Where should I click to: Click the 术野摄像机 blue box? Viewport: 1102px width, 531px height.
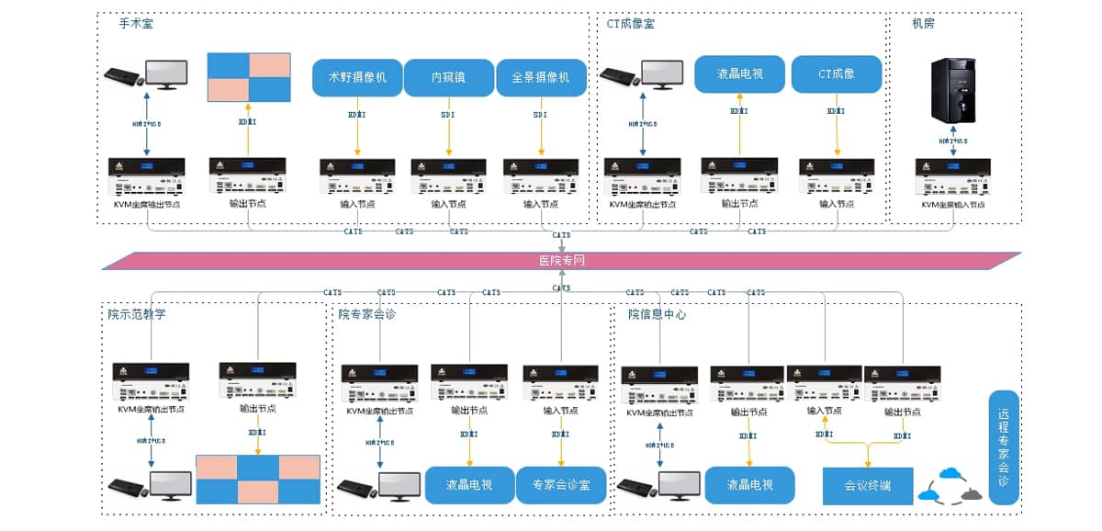click(x=357, y=77)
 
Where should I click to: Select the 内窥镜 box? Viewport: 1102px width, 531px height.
click(x=449, y=77)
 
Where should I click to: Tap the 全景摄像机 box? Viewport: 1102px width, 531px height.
click(x=541, y=77)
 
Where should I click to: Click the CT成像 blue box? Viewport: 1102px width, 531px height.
click(x=837, y=73)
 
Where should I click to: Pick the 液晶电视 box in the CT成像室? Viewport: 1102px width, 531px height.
click(x=739, y=73)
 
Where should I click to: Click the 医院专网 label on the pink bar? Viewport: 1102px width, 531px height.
click(x=561, y=261)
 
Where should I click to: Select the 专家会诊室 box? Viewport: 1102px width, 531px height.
click(x=562, y=484)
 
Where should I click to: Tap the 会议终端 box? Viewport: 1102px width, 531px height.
click(x=868, y=484)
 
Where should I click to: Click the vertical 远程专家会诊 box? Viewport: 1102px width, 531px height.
click(x=1004, y=447)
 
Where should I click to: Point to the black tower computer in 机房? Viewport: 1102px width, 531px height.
click(x=953, y=91)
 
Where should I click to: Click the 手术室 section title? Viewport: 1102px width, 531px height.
click(x=136, y=24)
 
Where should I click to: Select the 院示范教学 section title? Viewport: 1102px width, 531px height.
click(x=137, y=314)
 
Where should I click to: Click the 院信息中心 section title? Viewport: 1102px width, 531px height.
click(x=657, y=314)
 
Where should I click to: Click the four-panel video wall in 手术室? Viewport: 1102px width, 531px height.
click(x=249, y=77)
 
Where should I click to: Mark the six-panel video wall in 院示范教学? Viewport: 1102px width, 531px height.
click(x=258, y=478)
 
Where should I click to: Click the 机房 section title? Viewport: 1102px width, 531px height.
click(x=923, y=24)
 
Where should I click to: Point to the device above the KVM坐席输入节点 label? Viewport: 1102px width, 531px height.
click(x=952, y=177)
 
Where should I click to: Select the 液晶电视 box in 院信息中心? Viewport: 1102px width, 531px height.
click(x=748, y=484)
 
